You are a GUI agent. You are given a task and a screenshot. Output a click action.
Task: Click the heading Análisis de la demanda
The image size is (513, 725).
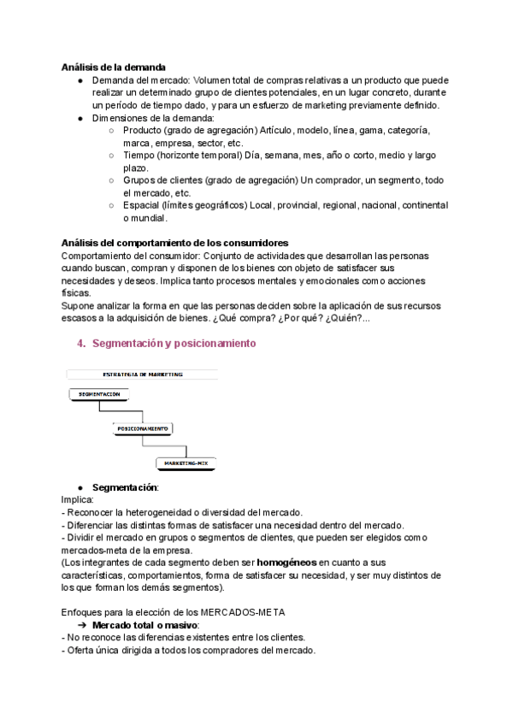pyautogui.click(x=115, y=66)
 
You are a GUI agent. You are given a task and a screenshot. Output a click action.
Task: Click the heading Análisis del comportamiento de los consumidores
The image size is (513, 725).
pyautogui.click(x=175, y=243)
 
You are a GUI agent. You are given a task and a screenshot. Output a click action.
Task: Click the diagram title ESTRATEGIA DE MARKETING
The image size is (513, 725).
pyautogui.click(x=142, y=374)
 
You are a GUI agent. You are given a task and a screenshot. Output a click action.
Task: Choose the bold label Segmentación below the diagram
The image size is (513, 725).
pyautogui.click(x=126, y=487)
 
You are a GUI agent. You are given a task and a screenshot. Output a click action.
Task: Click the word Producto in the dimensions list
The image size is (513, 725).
pyautogui.click(x=133, y=130)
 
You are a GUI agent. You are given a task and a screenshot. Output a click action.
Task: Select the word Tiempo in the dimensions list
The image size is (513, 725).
pyautogui.click(x=130, y=155)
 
